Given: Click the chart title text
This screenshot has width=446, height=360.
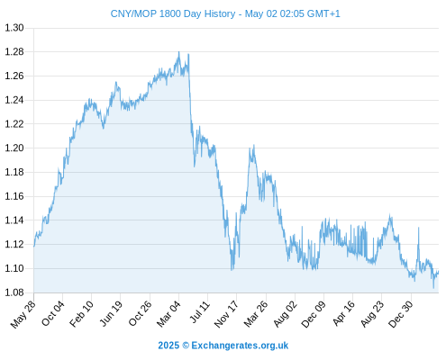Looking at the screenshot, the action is (225, 13).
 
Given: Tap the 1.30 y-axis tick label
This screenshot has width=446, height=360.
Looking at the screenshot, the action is (14, 28).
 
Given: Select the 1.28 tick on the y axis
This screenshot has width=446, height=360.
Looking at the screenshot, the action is (14, 52).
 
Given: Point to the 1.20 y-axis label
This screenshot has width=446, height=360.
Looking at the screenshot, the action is (14, 148).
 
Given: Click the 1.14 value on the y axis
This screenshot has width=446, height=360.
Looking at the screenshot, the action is (14, 220).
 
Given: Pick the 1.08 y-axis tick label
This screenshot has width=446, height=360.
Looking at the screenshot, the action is (14, 292).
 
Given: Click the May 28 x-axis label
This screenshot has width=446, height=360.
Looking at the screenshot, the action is (23, 314).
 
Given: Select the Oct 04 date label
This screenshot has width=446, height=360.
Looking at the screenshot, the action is (53, 313).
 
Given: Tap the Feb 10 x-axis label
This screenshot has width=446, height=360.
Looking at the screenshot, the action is (81, 314).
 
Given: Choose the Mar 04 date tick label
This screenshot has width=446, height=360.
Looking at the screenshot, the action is (168, 314).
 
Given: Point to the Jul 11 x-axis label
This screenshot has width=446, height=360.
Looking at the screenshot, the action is (200, 312).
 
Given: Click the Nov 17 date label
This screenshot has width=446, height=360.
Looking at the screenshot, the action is (226, 314).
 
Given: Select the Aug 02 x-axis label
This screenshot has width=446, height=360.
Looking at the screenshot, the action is (286, 314).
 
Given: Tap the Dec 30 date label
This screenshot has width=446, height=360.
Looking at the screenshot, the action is (401, 314).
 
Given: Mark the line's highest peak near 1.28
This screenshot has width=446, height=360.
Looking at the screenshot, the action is (179, 52).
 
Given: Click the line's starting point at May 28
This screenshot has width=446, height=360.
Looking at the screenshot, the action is (34, 247).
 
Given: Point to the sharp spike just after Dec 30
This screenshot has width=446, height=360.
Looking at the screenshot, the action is (418, 228).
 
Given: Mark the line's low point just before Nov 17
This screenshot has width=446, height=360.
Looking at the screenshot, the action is (232, 270).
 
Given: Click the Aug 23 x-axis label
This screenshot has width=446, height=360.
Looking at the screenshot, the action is (372, 314).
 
